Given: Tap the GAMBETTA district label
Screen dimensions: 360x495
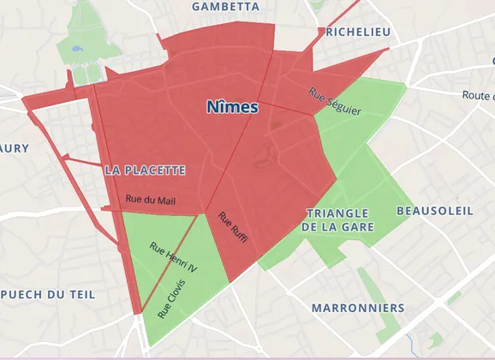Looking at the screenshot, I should click(226, 6).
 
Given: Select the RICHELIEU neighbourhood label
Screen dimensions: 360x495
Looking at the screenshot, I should click(358, 32).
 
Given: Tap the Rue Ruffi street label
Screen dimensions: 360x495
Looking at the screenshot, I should click(232, 227).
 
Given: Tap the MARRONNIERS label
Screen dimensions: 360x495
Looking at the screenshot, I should click(357, 307).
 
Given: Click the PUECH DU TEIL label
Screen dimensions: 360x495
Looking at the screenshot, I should click(47, 294).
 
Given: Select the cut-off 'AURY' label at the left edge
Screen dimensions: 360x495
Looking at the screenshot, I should click(14, 148).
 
